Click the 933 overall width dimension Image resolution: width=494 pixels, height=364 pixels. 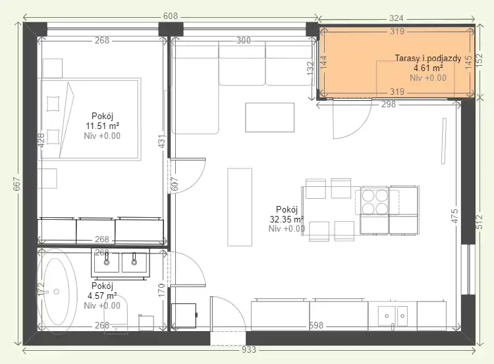(x=248, y=350)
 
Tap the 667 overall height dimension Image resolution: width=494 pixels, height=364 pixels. (x=16, y=184)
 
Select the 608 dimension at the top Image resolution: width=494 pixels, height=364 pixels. (x=171, y=16)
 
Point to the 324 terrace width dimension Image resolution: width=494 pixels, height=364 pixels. (x=396, y=18)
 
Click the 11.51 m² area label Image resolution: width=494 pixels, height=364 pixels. (x=102, y=126)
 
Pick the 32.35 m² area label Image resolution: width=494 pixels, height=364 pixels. (x=287, y=219)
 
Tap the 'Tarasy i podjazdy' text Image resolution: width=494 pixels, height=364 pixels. (x=428, y=58)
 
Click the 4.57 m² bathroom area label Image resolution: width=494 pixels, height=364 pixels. (x=102, y=296)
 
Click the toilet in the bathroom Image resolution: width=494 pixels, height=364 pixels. (x=116, y=314)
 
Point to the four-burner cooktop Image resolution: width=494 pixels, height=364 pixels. (x=375, y=202)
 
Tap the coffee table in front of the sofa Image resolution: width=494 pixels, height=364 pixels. (x=269, y=117)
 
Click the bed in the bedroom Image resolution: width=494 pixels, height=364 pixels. (x=90, y=119)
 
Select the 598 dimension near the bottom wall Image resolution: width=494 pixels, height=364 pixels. (x=316, y=325)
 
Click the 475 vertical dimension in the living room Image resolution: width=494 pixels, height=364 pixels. (x=454, y=216)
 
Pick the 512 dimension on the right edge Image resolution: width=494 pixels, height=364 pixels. (x=479, y=221)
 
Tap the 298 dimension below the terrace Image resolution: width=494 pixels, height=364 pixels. (x=388, y=104)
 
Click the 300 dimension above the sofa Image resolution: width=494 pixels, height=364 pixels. (x=244, y=40)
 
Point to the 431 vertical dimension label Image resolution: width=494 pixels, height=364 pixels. (x=161, y=142)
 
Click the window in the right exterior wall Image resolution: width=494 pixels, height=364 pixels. (x=468, y=269)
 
